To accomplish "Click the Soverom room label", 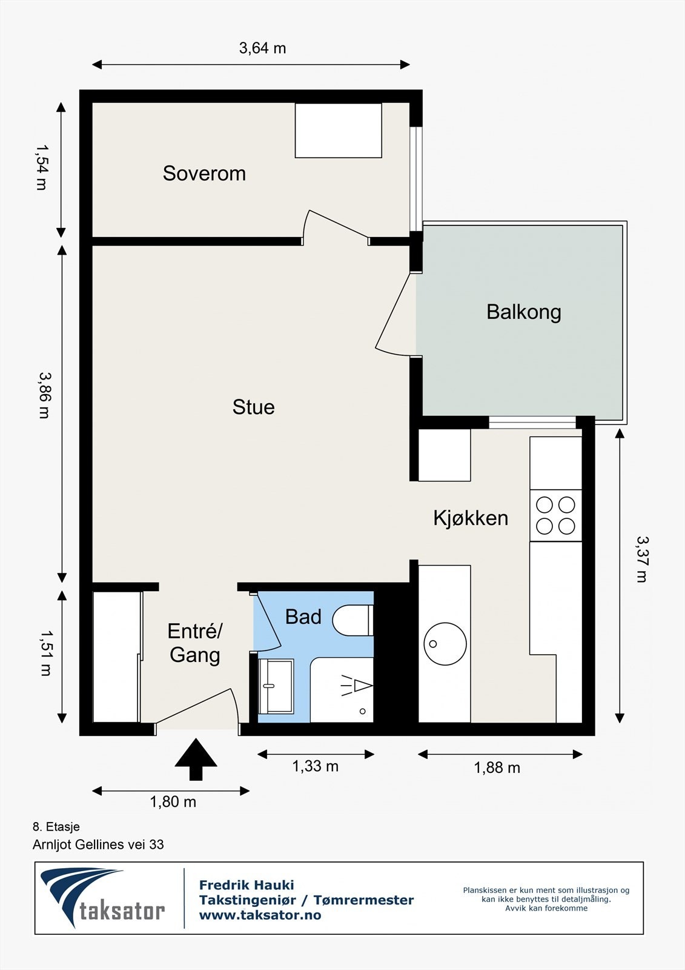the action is pos(204,173).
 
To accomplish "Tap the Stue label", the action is pos(254,407).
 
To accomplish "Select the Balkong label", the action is pos(524,312).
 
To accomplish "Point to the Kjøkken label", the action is pos(471,518).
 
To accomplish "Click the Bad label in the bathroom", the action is pos(303,617).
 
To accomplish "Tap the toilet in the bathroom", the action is pos(352,621).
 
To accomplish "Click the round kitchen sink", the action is pos(445,644).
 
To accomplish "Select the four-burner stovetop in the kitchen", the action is pos(555,515).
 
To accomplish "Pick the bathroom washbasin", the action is pos(276,686).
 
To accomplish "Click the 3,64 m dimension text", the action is pos(263,48).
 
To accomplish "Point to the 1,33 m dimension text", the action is pos(315,766).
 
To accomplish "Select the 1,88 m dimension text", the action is pos(497,768).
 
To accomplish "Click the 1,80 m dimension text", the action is pos(173,802).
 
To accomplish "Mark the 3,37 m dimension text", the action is pos(643,560).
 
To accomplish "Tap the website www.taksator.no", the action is pos(260,915).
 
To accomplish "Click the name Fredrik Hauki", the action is pos(247,885).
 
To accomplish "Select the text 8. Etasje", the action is pos(56,827).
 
